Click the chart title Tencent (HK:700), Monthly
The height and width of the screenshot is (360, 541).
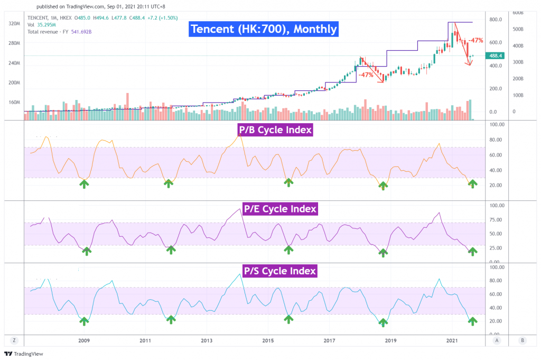coord(263,29)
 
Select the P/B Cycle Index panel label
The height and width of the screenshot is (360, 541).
coord(275,130)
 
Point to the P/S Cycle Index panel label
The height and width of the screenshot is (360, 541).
coord(279,271)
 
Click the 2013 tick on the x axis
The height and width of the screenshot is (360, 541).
coord(207,341)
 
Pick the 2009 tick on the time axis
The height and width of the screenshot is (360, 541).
coord(84,341)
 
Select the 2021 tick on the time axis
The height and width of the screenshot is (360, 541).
coord(452,341)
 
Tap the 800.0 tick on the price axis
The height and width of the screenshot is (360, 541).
coord(495,20)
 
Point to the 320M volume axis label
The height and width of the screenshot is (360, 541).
coord(14,24)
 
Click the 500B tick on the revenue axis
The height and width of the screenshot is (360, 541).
coord(518,29)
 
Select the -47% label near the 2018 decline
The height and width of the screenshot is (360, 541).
coord(366,75)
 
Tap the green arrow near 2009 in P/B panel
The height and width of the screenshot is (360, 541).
coord(84,183)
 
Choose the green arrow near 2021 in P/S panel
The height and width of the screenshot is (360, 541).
coord(472,321)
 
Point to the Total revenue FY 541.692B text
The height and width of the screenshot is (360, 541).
coord(59,32)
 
